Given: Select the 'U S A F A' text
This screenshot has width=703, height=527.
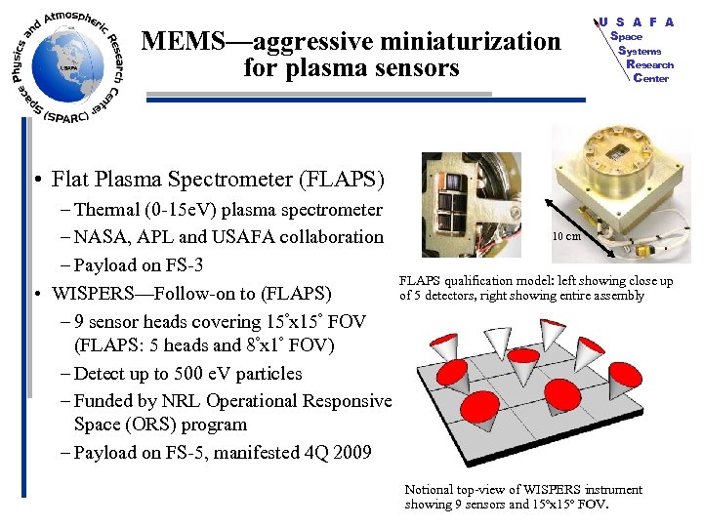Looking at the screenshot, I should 637,21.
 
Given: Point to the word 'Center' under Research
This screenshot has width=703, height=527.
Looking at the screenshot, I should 650,78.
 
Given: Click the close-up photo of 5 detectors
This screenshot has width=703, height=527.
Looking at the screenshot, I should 471,205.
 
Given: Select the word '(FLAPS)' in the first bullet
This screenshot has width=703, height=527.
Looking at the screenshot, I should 347,180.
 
